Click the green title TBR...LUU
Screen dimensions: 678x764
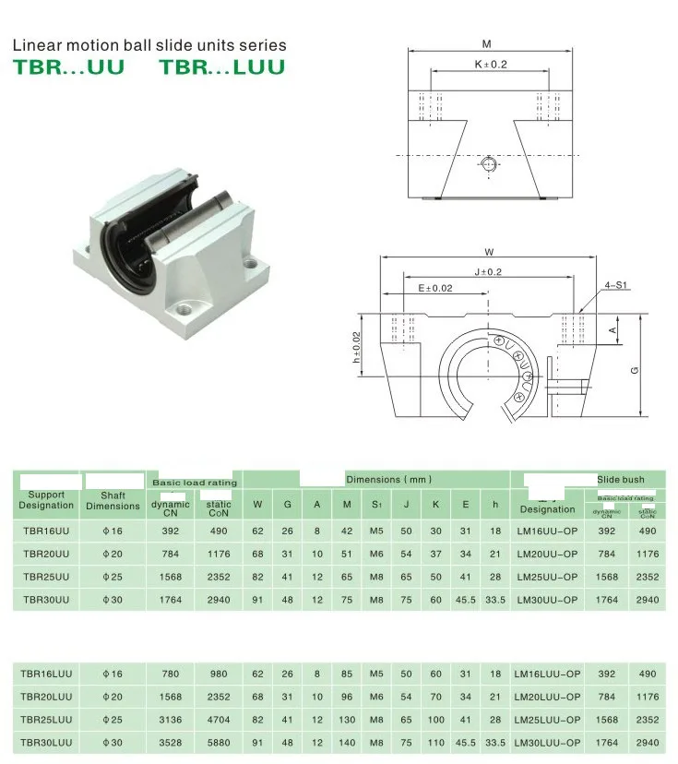[222, 67]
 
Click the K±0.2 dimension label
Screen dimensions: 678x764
[491, 65]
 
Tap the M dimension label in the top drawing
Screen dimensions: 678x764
[486, 44]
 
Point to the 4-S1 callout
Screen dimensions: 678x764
[615, 285]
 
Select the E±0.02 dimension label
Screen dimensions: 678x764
[435, 289]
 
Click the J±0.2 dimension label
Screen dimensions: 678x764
[488, 272]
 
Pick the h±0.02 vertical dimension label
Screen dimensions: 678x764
[357, 348]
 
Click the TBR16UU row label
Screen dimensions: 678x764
[46, 531]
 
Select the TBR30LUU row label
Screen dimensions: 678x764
[46, 743]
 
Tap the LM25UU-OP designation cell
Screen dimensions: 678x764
[547, 577]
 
